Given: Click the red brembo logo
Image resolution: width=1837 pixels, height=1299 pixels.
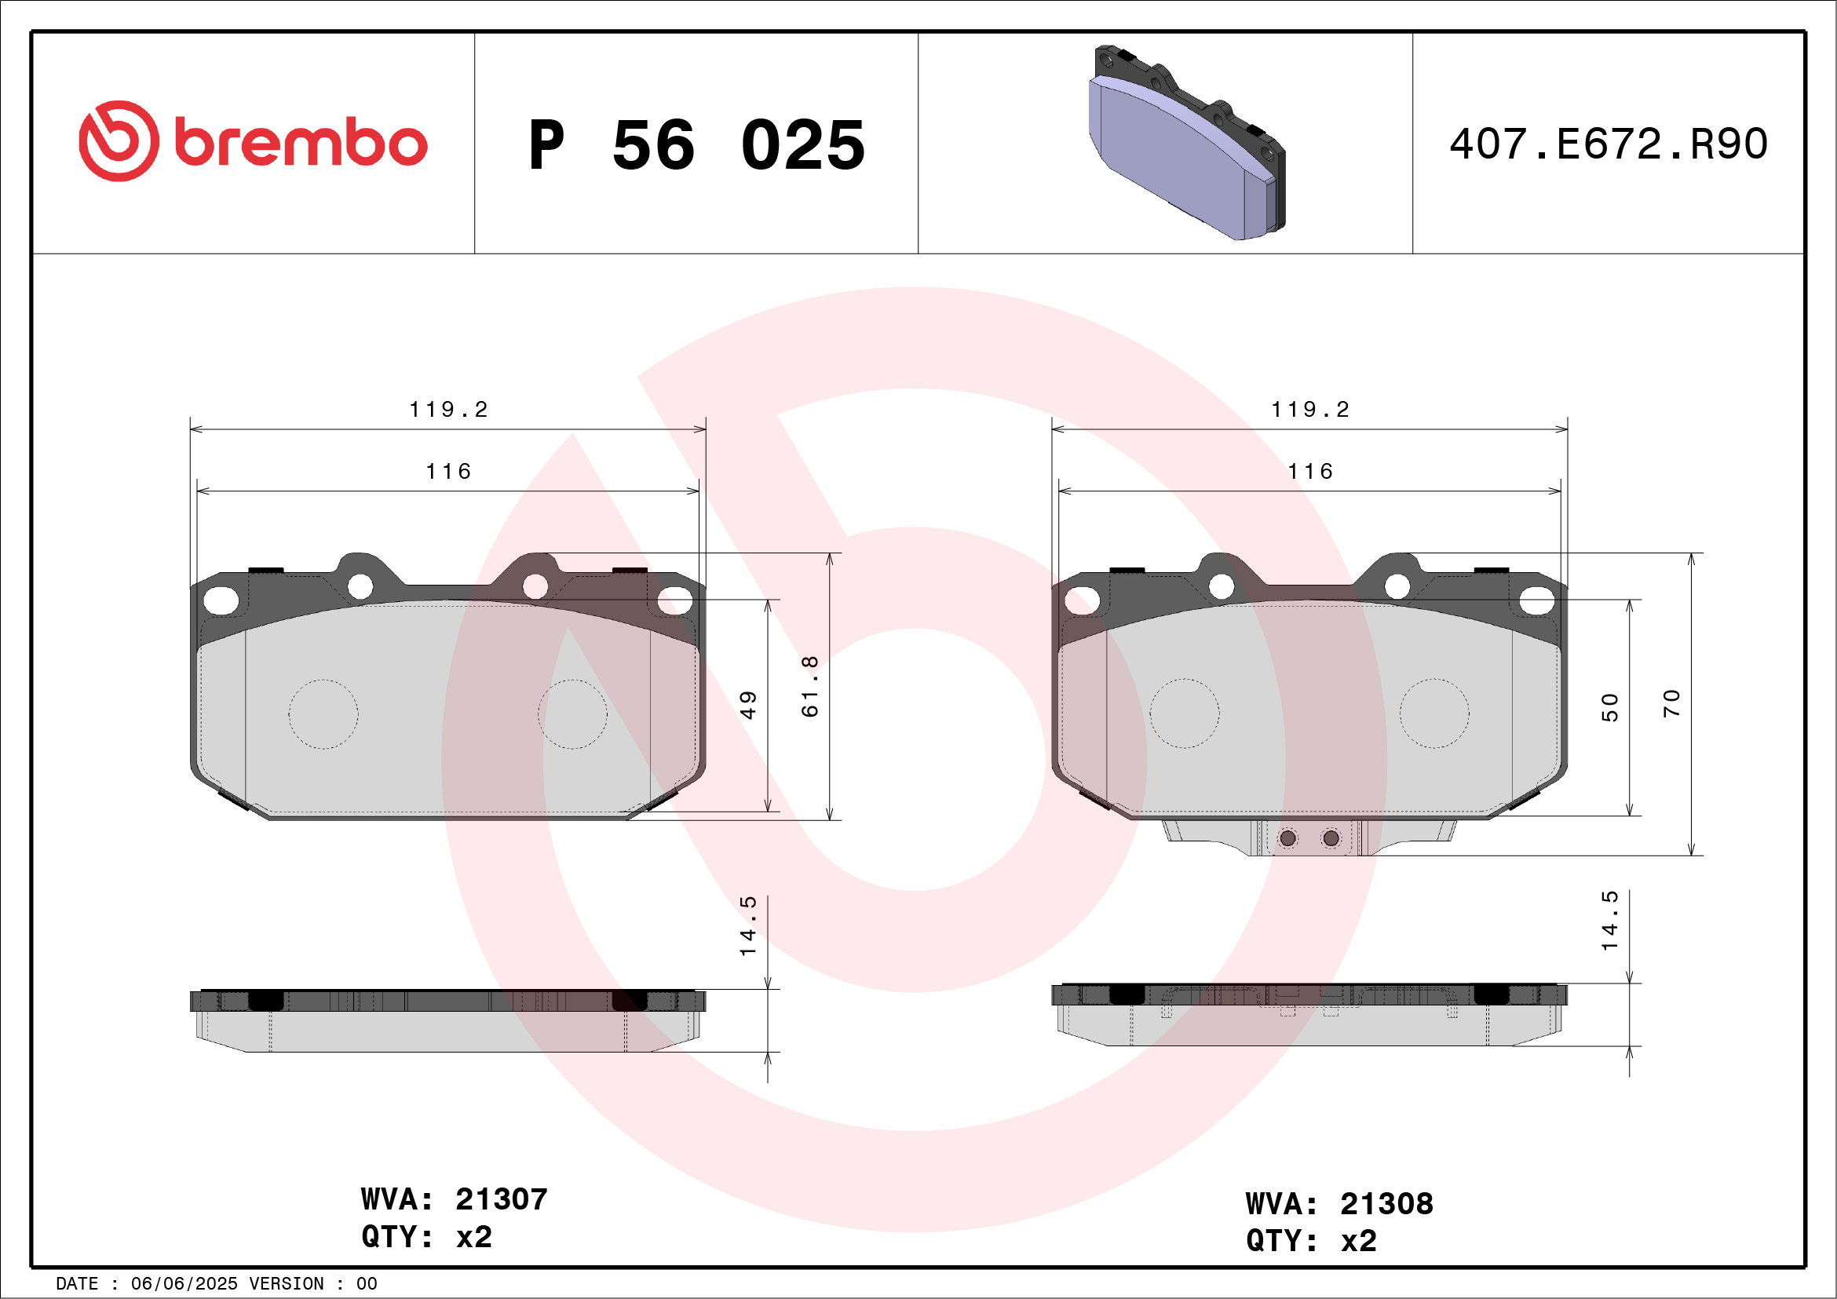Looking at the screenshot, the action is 253,141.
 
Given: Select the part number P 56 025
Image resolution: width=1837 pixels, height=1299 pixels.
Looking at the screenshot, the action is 697,144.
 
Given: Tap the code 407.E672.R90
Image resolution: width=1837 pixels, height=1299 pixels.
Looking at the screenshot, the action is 1609,144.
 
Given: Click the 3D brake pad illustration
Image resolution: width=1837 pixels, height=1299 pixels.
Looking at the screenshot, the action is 1187,142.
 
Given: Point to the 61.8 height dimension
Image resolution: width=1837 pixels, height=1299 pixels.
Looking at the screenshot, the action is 809,686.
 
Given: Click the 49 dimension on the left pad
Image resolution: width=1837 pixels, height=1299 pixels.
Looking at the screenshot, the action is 748,706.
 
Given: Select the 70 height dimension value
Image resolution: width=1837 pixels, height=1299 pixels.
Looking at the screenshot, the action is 1671,703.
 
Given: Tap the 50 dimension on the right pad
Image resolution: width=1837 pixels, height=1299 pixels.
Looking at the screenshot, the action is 1610,708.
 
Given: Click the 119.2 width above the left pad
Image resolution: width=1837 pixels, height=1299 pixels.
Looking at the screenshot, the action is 448,410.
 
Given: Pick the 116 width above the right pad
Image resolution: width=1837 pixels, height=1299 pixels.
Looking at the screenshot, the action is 1310,472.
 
